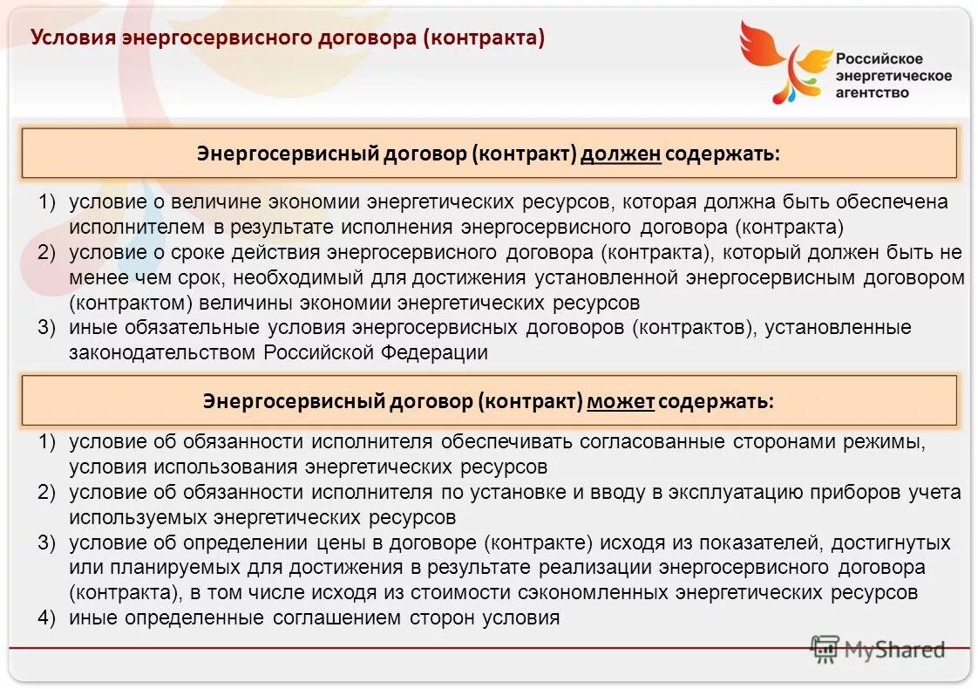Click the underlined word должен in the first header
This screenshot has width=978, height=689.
click(x=621, y=154)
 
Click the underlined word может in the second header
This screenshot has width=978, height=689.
click(x=621, y=401)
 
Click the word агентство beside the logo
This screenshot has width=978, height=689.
click(x=872, y=92)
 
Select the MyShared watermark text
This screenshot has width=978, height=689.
click(x=893, y=649)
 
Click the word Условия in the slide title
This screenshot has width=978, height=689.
click(x=73, y=38)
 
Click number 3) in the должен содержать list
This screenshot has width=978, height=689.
click(x=46, y=328)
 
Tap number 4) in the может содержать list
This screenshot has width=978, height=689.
click(x=46, y=617)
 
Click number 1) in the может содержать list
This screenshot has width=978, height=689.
click(x=46, y=441)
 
